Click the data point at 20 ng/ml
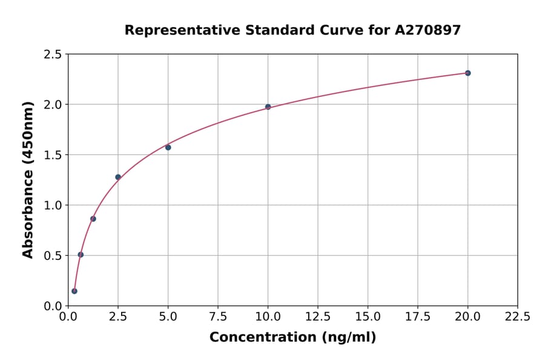(467, 73)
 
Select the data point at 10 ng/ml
(268, 107)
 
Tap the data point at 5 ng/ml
(168, 147)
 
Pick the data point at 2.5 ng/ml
(118, 177)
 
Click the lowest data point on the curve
(74, 291)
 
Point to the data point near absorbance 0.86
(93, 219)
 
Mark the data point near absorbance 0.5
(81, 255)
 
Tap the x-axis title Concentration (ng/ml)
(292, 337)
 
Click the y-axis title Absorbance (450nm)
(28, 179)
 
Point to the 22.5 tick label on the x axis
(517, 317)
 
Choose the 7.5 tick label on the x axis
(218, 317)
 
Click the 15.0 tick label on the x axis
(368, 317)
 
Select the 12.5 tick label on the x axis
(318, 317)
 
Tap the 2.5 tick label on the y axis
(53, 55)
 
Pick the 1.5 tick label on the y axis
(53, 155)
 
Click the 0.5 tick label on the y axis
(53, 256)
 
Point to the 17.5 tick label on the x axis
(418, 317)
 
